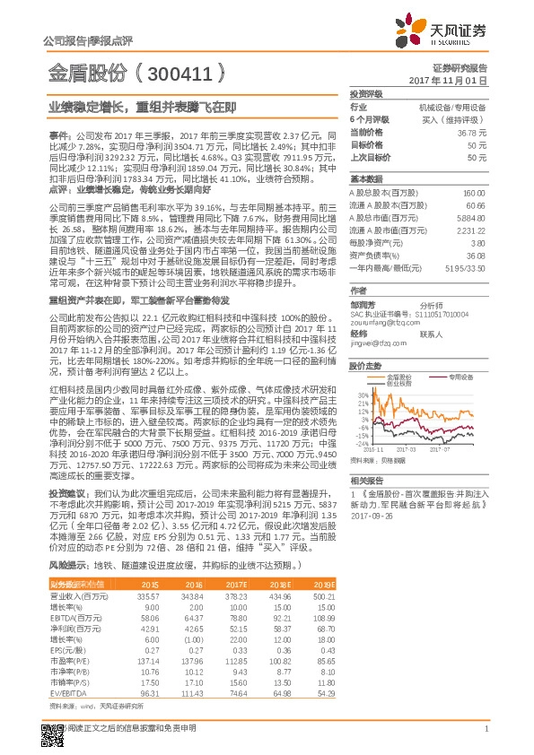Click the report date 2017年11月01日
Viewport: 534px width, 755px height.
coord(447,80)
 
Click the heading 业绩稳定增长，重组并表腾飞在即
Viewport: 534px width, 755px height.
coord(142,106)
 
